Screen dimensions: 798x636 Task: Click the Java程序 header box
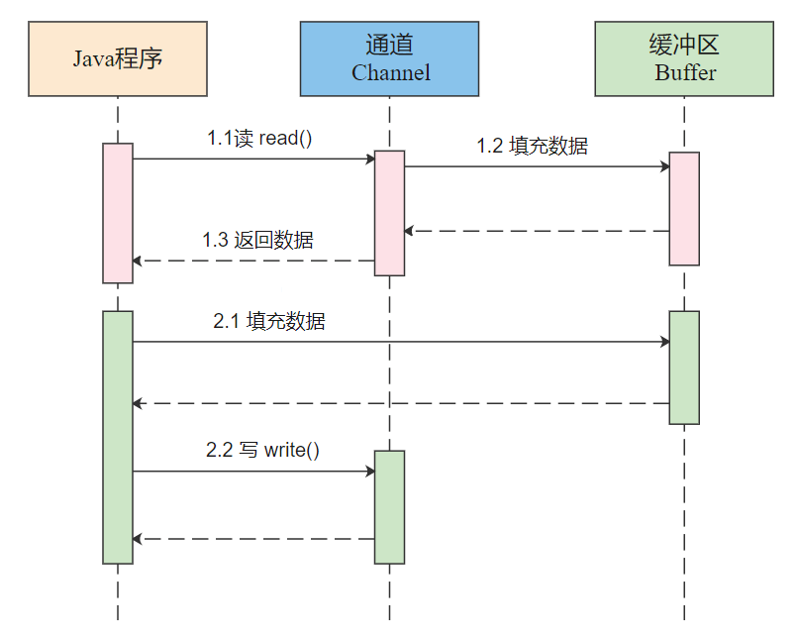pyautogui.click(x=118, y=58)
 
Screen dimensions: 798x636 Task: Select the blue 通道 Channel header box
pyautogui.click(x=389, y=58)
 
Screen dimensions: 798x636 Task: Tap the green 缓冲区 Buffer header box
pyautogui.click(x=684, y=58)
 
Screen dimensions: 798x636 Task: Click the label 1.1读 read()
pyautogui.click(x=259, y=138)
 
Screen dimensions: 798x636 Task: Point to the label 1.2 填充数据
pyautogui.click(x=533, y=146)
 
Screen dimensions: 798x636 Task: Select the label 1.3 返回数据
pyautogui.click(x=257, y=240)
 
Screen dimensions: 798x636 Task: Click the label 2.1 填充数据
pyautogui.click(x=268, y=321)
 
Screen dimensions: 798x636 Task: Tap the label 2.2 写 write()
pyautogui.click(x=262, y=450)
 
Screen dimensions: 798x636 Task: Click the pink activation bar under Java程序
pyautogui.click(x=118, y=213)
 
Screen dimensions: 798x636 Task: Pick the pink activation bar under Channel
pyautogui.click(x=389, y=213)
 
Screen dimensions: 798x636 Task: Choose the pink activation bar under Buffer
pyautogui.click(x=684, y=209)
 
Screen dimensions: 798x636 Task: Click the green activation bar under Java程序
pyautogui.click(x=118, y=438)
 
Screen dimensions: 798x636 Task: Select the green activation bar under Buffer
pyautogui.click(x=684, y=368)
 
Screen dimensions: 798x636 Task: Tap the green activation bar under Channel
pyautogui.click(x=389, y=507)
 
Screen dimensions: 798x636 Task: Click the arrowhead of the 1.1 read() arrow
pyautogui.click(x=371, y=159)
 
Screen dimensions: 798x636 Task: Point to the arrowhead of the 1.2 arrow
pyautogui.click(x=665, y=166)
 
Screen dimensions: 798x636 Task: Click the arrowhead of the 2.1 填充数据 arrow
pyautogui.click(x=665, y=342)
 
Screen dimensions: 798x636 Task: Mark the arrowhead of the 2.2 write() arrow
pyautogui.click(x=371, y=472)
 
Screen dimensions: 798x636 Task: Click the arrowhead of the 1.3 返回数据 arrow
pyautogui.click(x=137, y=261)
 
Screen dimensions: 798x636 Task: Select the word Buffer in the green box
pyautogui.click(x=685, y=72)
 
